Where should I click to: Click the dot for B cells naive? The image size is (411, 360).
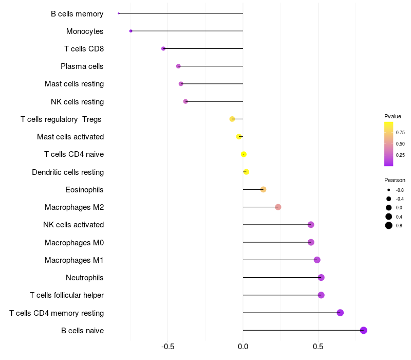(364, 330)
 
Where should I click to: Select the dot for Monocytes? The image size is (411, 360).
(131, 31)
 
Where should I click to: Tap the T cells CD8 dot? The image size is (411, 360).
(163, 48)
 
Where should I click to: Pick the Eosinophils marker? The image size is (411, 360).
(264, 189)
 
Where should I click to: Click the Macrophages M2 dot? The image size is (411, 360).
(278, 207)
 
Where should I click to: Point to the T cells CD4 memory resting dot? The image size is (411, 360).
(340, 313)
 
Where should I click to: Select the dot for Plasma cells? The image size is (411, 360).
(178, 66)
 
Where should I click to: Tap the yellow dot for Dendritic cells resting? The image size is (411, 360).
(246, 172)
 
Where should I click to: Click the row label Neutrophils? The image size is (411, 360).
(85, 278)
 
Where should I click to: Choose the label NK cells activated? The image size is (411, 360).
(73, 225)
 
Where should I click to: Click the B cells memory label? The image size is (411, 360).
(77, 14)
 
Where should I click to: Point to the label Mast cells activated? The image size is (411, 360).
(70, 137)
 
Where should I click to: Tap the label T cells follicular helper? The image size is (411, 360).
(67, 295)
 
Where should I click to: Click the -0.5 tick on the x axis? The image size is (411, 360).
(167, 347)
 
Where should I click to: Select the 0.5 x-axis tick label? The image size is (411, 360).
(318, 347)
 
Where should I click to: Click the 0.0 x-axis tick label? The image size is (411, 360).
(243, 347)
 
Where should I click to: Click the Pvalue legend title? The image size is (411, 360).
(393, 116)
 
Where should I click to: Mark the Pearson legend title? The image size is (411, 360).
(395, 180)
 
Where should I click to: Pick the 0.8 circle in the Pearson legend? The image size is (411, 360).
(389, 225)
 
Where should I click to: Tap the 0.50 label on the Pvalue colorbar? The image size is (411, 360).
(400, 143)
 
